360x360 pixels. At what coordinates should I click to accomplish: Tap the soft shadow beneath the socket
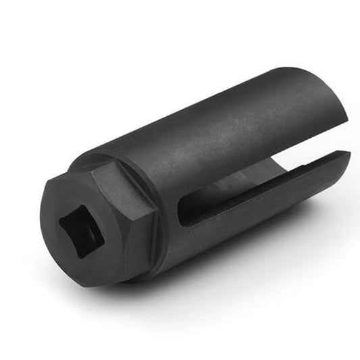203,284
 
